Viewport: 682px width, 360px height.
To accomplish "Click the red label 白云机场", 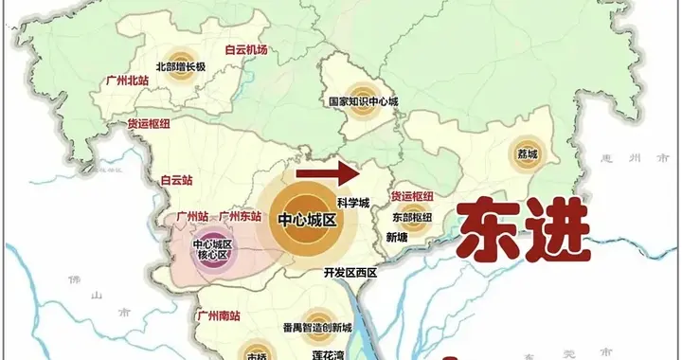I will click(x=245, y=50).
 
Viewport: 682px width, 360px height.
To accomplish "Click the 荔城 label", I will click(x=527, y=153).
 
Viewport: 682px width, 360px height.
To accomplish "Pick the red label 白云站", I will click(x=177, y=178).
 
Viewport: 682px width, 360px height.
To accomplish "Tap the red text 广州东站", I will click(x=241, y=217).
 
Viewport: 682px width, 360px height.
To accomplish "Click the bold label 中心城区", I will click(x=308, y=220).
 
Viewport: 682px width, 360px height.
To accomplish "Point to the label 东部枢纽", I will click(x=413, y=217).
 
